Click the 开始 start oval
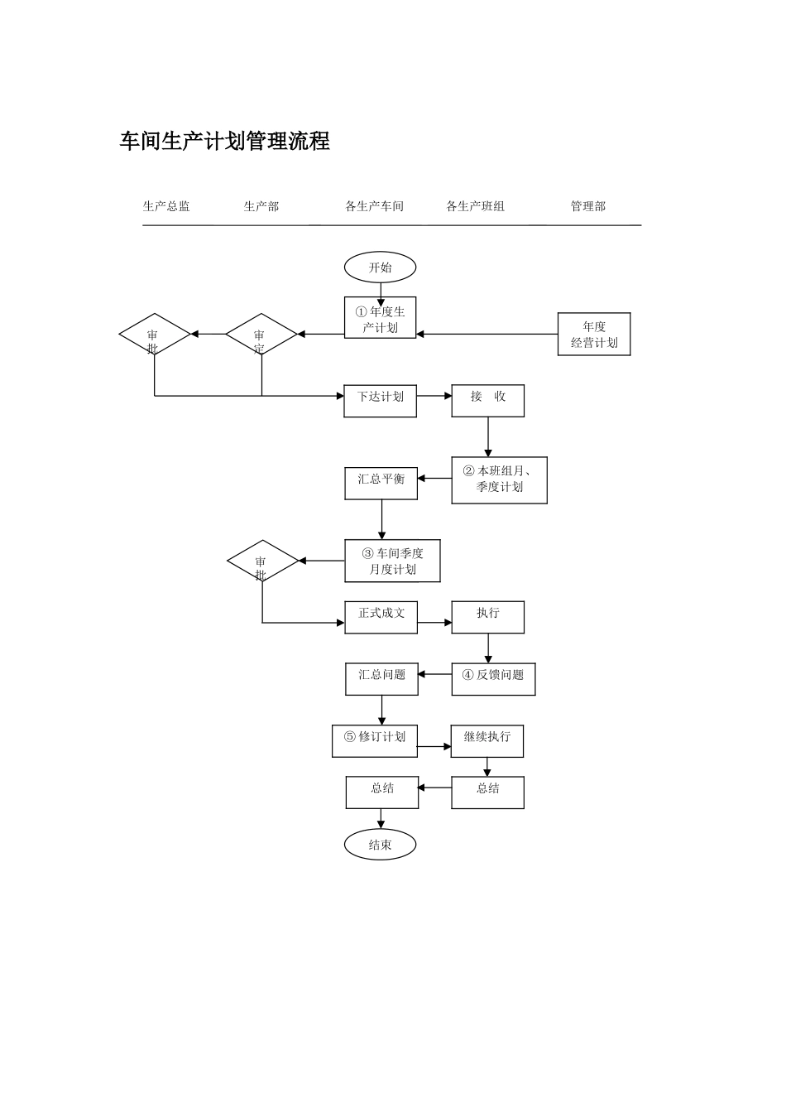(380, 267)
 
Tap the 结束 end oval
(380, 845)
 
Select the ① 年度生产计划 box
(381, 318)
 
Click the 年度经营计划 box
(594, 334)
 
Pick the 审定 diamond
(261, 335)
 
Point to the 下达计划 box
(381, 401)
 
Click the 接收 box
(487, 401)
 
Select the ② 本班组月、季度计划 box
(499, 480)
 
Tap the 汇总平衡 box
(381, 484)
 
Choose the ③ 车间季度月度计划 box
(392, 561)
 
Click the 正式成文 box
(381, 618)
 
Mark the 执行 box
(487, 618)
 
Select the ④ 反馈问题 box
(493, 679)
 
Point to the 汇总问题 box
(381, 679)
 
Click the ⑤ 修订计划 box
(374, 741)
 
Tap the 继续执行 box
(486, 741)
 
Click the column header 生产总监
(166, 206)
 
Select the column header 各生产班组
(475, 206)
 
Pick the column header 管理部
(587, 206)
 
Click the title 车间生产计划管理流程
(225, 142)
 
